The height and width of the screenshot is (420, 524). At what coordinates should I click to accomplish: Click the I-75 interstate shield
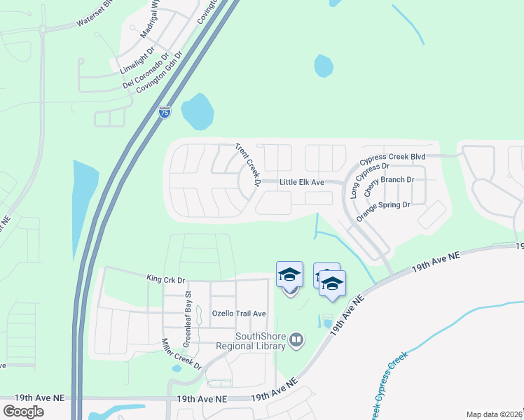click(164, 112)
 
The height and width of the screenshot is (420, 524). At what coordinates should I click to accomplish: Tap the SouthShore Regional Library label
click(261, 341)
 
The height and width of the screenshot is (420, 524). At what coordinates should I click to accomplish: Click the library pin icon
click(297, 340)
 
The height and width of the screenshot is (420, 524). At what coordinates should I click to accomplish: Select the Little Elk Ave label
click(302, 182)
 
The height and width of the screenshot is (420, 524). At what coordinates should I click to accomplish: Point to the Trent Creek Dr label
click(248, 165)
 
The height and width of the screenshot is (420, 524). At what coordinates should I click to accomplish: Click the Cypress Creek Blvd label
click(393, 157)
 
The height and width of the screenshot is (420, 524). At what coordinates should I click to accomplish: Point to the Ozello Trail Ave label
click(240, 313)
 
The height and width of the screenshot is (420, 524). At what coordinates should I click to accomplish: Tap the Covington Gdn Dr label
click(160, 71)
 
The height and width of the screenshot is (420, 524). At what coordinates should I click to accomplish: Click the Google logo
click(23, 412)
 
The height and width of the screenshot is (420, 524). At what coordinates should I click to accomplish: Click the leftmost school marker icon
click(290, 275)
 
